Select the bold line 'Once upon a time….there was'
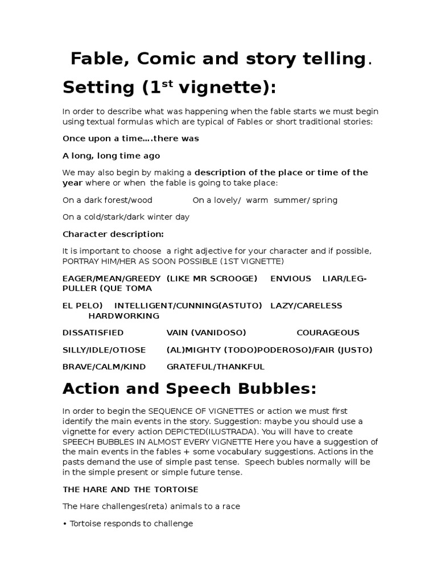[130, 139]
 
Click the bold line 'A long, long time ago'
[111, 156]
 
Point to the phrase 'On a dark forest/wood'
[108, 200]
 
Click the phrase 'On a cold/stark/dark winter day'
[126, 217]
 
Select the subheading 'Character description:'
[113, 234]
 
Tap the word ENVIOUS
[291, 278]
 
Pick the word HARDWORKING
[123, 315]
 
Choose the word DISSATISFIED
[93, 332]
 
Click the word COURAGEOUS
[328, 332]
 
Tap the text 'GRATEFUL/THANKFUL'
[215, 367]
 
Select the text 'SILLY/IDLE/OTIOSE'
[104, 350]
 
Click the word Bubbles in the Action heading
[267, 389]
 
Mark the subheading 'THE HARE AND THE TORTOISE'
[130, 489]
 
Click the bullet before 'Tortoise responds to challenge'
[65, 523]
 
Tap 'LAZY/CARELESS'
[306, 305]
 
